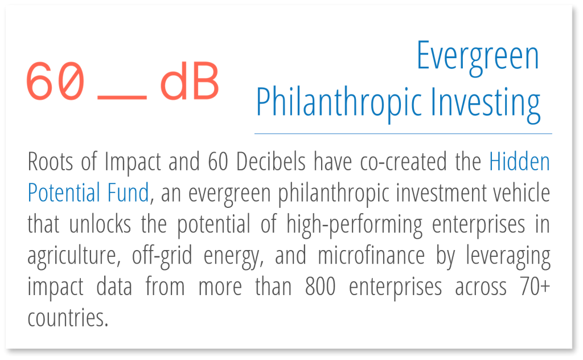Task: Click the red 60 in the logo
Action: tap(56, 81)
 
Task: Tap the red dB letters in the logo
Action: tap(189, 81)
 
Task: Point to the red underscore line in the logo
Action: tap(122, 97)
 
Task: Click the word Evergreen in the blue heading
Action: tap(478, 56)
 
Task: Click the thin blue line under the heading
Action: tap(403, 134)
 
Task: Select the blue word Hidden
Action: tap(520, 163)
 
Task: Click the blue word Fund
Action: tap(129, 194)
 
